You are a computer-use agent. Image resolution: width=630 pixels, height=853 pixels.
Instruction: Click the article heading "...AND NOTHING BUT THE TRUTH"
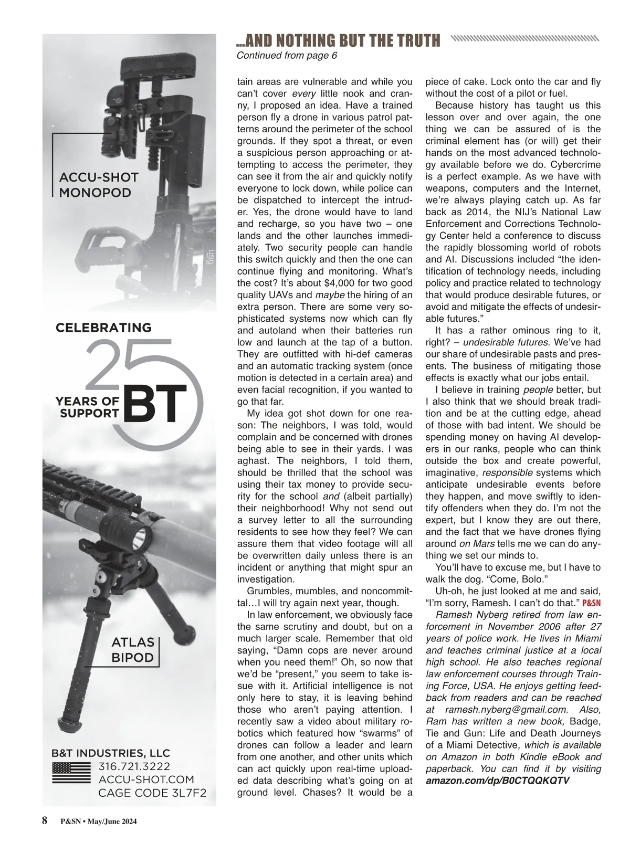[339, 40]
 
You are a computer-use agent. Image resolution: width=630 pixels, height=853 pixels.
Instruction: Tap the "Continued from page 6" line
[287, 56]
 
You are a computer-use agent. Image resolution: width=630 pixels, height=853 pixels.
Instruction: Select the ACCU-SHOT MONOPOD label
[99, 185]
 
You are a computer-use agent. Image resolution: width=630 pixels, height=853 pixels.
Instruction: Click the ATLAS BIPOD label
[133, 650]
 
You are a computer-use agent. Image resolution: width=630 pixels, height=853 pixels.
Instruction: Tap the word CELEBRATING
[103, 328]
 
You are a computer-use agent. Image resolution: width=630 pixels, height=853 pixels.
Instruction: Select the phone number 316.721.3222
[134, 766]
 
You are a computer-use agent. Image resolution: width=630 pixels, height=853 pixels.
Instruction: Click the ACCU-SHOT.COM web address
[146, 780]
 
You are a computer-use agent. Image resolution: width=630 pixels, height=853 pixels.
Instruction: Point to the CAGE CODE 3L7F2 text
[152, 793]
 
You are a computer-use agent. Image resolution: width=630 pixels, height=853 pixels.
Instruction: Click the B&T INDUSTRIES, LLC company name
[110, 753]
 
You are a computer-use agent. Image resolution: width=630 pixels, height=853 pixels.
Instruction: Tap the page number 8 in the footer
[45, 820]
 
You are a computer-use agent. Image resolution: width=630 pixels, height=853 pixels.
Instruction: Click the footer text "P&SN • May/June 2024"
[99, 822]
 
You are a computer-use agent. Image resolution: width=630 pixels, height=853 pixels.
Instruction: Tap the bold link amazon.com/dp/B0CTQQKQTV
[497, 781]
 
